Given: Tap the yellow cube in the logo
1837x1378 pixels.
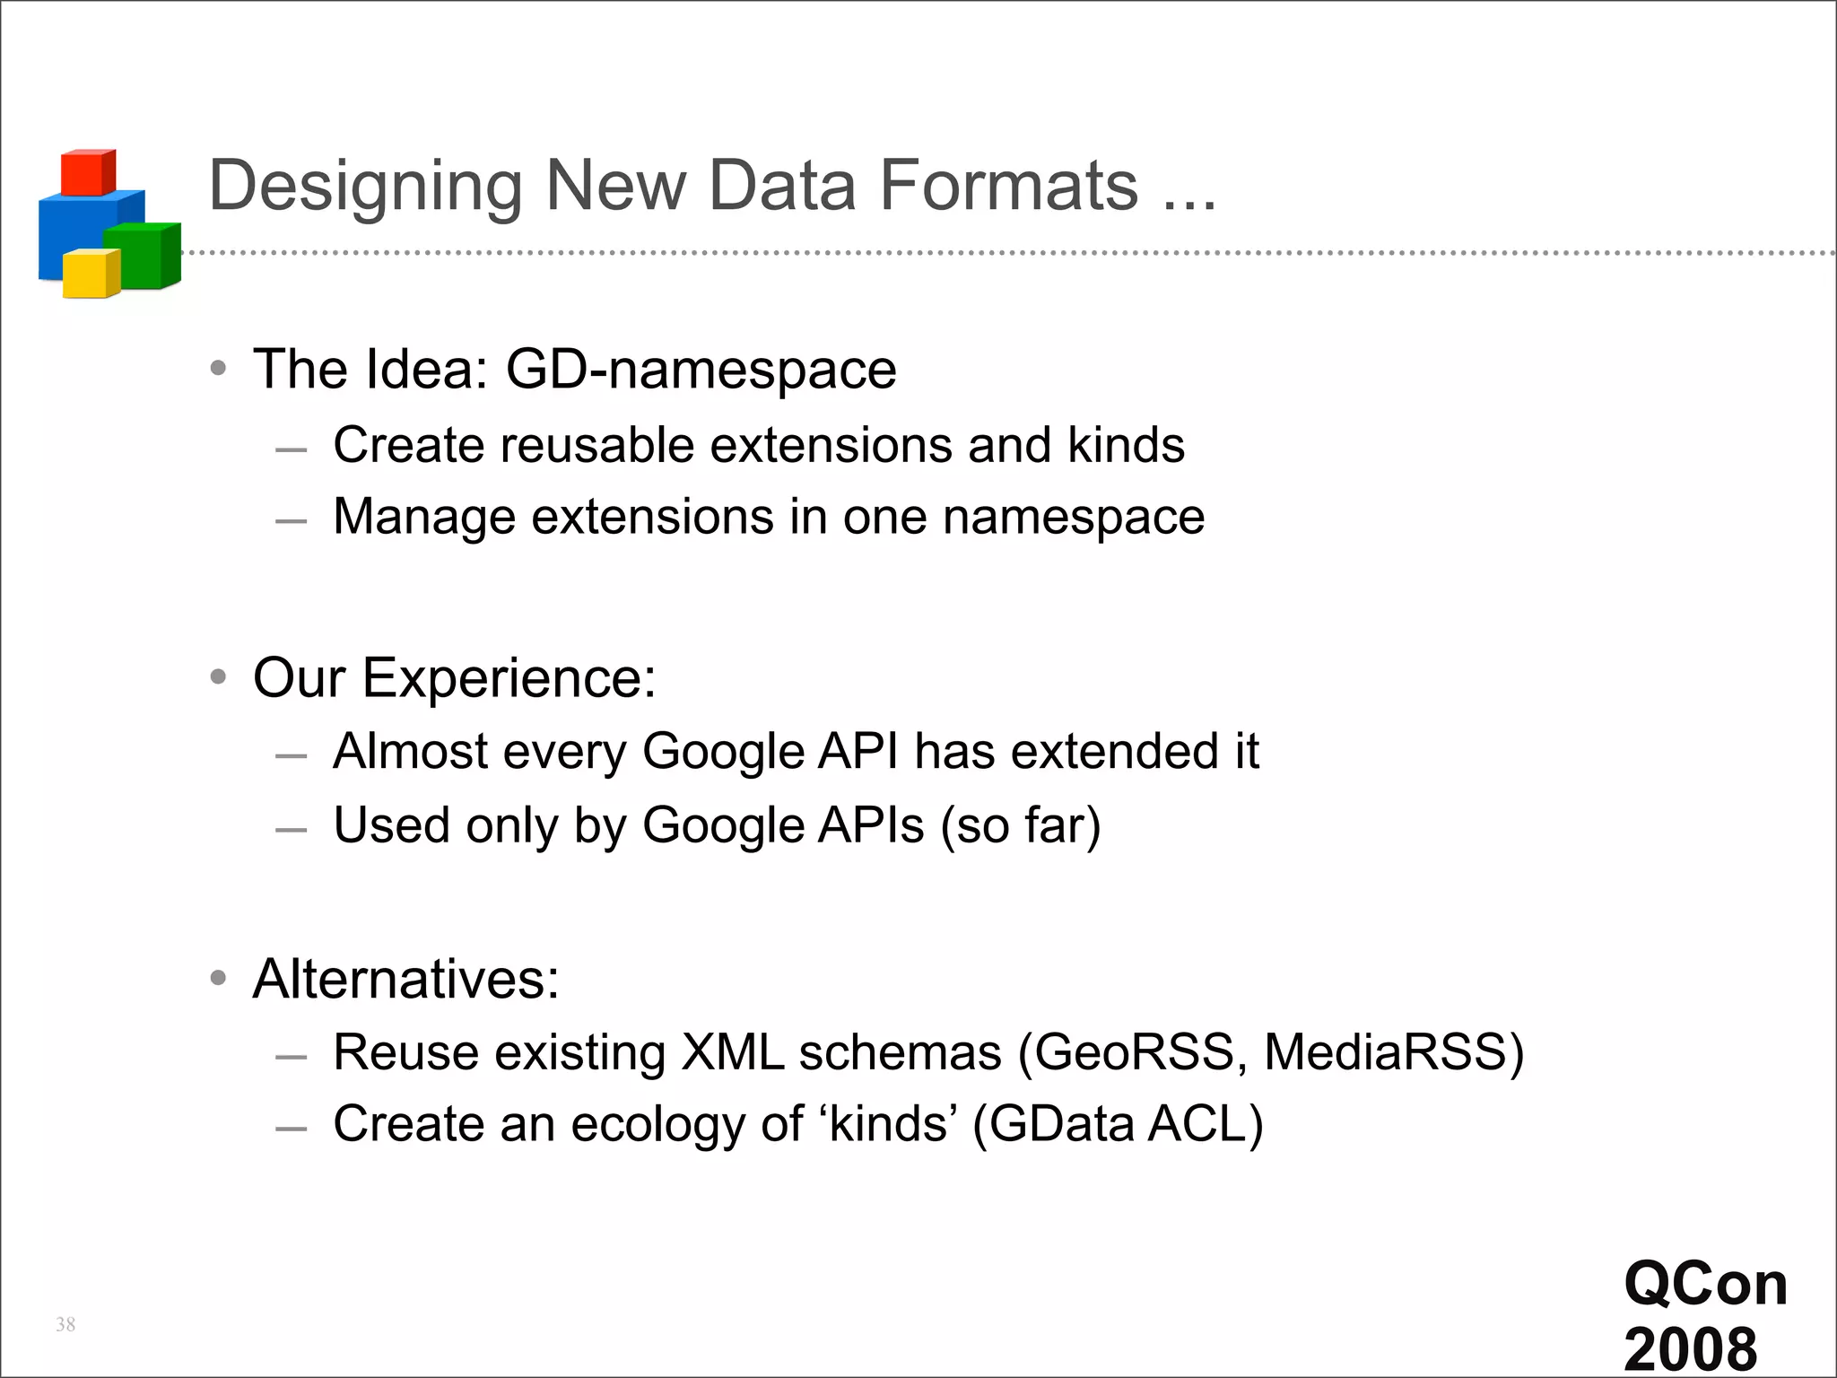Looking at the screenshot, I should (90, 274).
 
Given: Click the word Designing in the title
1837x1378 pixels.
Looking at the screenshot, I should (365, 187).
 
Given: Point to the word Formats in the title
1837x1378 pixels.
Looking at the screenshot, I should (1009, 185).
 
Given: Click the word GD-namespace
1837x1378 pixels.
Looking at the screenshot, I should (701, 369).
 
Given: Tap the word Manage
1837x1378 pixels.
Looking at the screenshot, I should (424, 518).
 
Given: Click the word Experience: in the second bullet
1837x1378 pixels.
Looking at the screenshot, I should (509, 677).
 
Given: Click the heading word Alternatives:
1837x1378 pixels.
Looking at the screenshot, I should (406, 978).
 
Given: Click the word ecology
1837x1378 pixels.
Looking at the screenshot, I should (658, 1124).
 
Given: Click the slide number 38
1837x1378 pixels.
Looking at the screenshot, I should (65, 1324).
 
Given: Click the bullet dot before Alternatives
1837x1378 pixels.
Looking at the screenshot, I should (218, 978).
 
